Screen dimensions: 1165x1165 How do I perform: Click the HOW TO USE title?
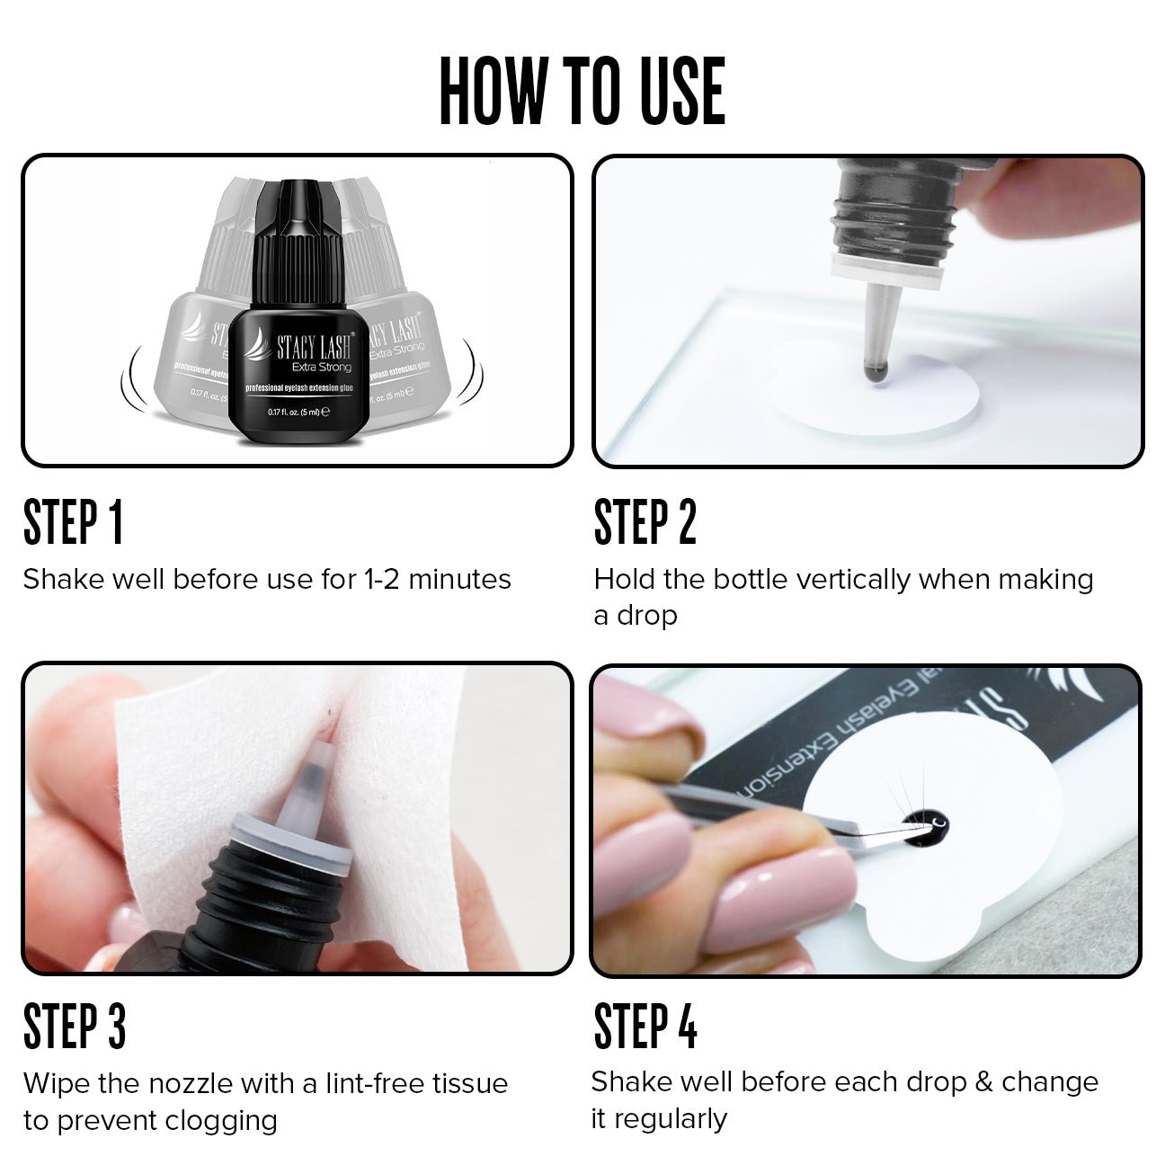(x=582, y=91)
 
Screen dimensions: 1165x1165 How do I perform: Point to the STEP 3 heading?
(x=74, y=1027)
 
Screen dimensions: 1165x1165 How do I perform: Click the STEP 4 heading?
(x=645, y=1027)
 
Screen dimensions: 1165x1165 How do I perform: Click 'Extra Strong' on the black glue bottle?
(x=321, y=367)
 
